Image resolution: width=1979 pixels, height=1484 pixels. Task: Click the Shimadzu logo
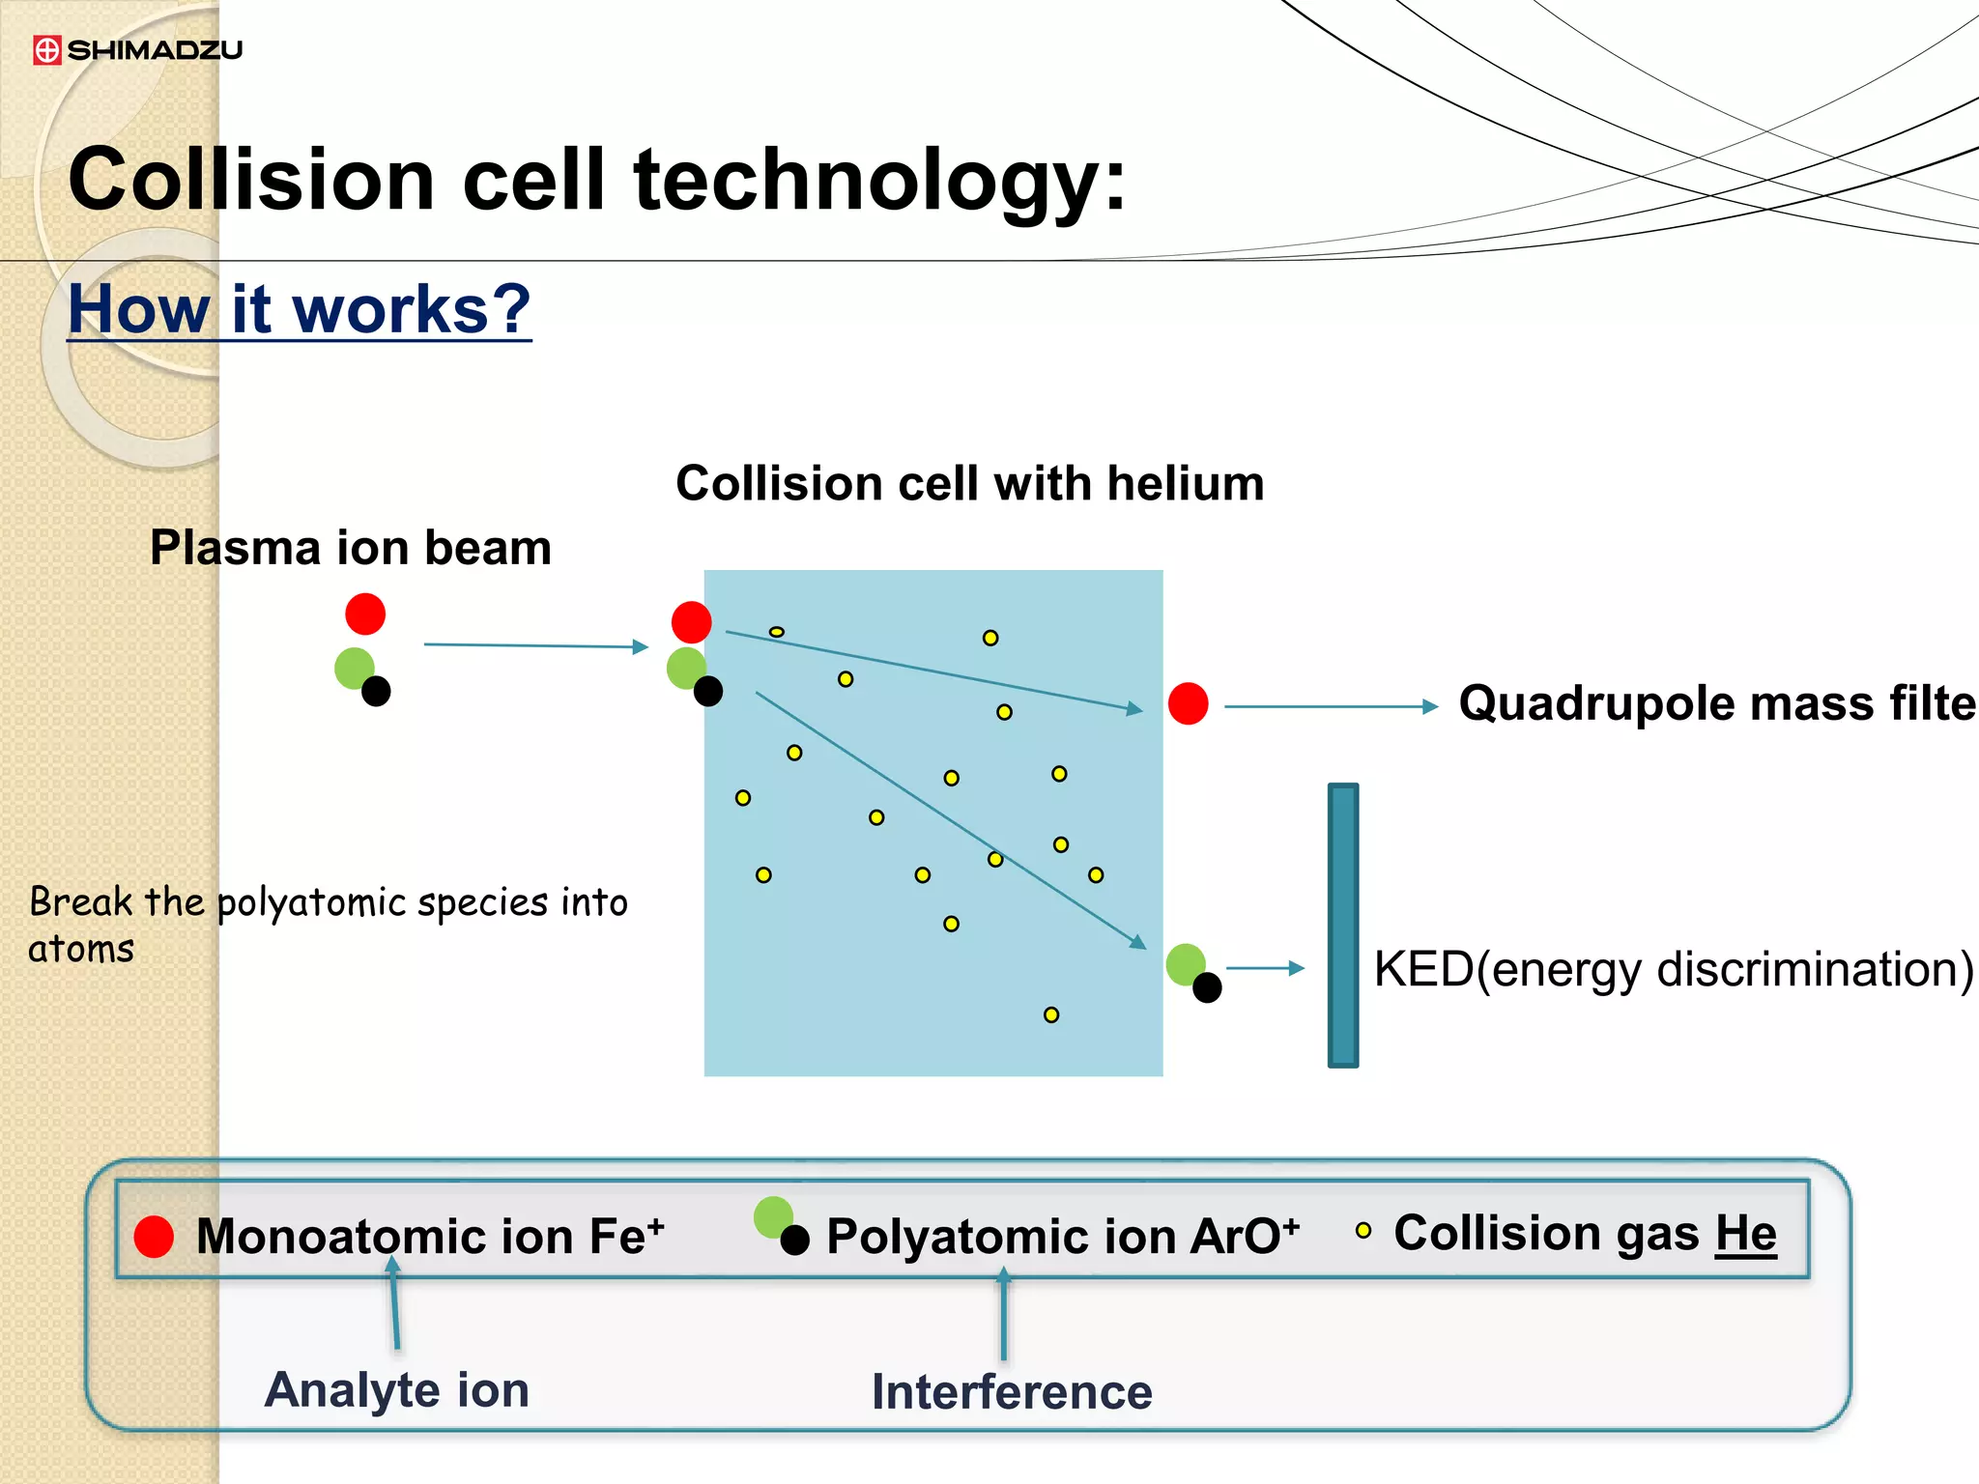coord(137,50)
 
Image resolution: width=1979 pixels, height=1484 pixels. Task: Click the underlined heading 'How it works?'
coord(300,309)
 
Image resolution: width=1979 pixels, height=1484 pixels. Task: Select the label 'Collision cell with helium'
coord(969,483)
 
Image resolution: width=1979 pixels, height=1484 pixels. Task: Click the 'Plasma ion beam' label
coord(351,548)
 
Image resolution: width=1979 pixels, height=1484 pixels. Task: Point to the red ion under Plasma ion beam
coord(365,614)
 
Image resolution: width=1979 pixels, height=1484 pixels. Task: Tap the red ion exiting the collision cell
coord(1188,703)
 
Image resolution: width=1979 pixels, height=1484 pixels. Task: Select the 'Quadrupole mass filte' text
coord(1716,703)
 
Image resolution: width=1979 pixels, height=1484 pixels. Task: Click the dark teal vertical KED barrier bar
coord(1343,925)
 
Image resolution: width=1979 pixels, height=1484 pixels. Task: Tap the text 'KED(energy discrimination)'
coord(1673,969)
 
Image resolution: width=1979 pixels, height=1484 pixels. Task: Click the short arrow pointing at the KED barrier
coord(1265,968)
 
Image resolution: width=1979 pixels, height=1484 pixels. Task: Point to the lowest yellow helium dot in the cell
coord(1051,1014)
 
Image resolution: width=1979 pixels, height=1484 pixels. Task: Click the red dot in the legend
coord(154,1237)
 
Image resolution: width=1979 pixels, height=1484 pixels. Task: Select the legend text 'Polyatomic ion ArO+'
coord(1062,1236)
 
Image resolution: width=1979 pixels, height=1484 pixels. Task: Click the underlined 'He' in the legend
coord(1745,1234)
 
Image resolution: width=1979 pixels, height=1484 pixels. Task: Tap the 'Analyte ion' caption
coord(397,1390)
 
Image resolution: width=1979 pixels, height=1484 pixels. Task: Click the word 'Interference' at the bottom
coord(1012,1392)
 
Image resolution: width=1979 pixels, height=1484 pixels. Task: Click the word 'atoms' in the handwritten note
coord(81,950)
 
